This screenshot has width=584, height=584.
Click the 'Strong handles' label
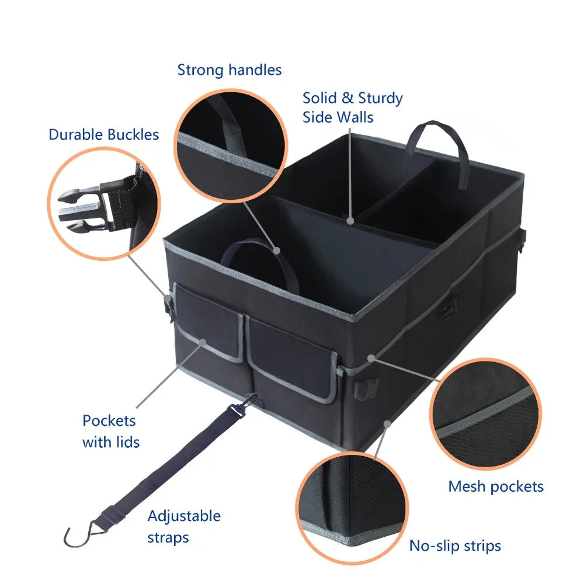point(230,70)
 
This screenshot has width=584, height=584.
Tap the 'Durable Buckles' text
point(103,134)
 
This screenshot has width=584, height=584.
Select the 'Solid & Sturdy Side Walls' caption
point(352,107)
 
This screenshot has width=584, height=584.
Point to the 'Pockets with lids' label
point(111,431)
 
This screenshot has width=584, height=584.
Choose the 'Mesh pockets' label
point(496,486)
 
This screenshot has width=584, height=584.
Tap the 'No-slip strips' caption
point(455,546)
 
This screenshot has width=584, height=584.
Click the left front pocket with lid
point(208,324)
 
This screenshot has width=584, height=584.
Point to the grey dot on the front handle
point(277,251)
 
